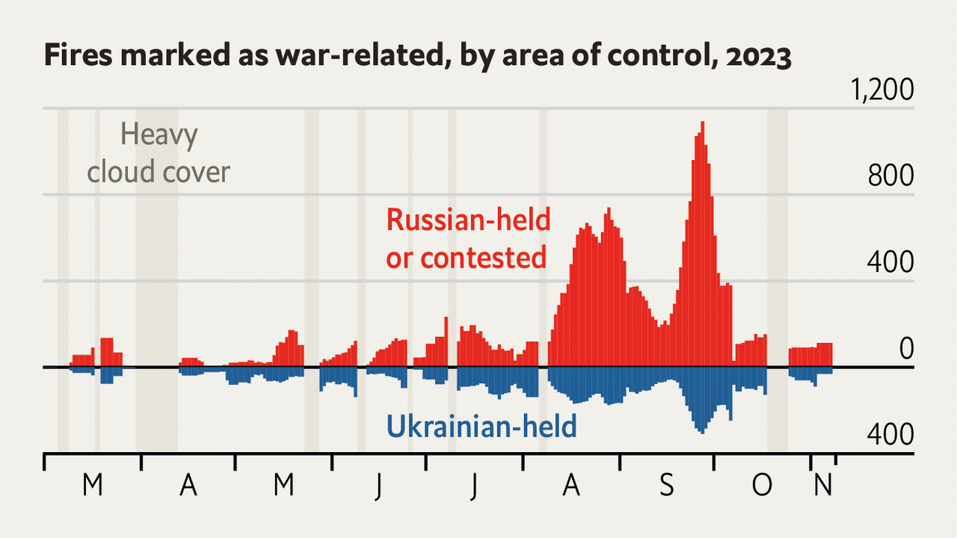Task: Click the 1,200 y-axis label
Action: (x=881, y=90)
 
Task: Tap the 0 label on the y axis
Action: (x=905, y=349)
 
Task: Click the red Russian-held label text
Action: (x=468, y=220)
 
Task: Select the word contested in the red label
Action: (x=484, y=258)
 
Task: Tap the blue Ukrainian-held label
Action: (x=481, y=427)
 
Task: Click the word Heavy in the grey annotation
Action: (x=159, y=136)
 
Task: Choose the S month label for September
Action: (x=666, y=486)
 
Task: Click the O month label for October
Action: (x=761, y=486)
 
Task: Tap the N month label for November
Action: (x=822, y=486)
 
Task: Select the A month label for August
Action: (x=571, y=486)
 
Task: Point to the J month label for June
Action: (x=379, y=486)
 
